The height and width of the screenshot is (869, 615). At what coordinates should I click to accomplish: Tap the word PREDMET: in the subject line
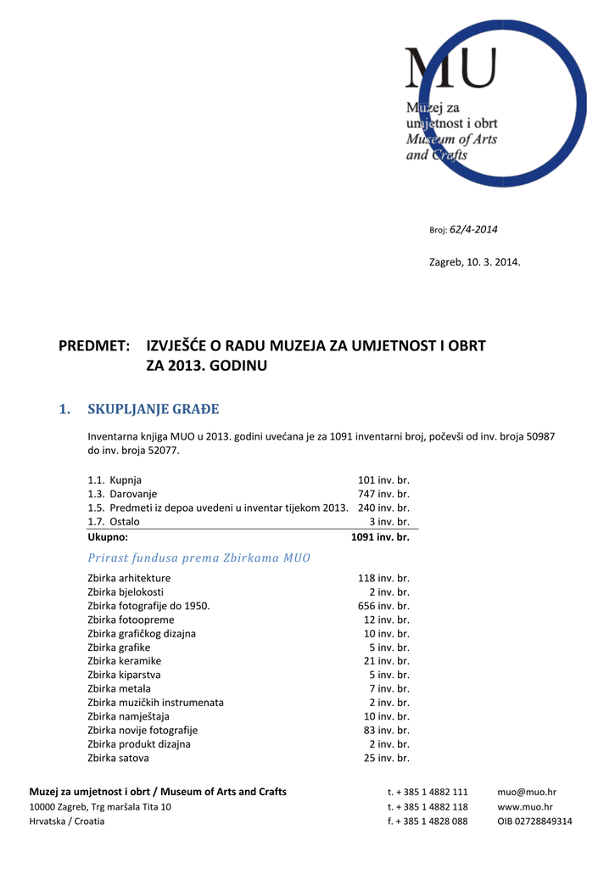[93, 346]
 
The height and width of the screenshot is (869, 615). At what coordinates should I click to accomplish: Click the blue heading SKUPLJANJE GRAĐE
[154, 410]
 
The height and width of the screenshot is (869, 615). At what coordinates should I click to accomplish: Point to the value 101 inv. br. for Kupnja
[384, 480]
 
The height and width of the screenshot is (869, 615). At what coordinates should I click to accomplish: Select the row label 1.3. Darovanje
[122, 494]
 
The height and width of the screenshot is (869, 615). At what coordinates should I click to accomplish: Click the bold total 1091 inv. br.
[380, 537]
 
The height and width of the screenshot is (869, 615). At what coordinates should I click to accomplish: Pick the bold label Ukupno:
[108, 537]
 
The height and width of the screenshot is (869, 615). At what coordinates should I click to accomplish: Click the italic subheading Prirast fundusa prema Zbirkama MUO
[199, 558]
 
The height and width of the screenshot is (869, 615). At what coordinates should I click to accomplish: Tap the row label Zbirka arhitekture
[129, 579]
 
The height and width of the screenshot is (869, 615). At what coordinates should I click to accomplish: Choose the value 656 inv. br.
[383, 606]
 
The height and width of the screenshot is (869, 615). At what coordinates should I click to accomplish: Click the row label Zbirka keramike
[124, 661]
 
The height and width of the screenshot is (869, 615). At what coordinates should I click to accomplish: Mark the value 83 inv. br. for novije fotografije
[387, 730]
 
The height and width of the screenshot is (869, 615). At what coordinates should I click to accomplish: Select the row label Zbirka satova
[118, 758]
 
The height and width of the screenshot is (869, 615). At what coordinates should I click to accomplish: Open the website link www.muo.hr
[525, 807]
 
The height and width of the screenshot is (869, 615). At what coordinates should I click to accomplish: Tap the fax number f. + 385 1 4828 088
[428, 821]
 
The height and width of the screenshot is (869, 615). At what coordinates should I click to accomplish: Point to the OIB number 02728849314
[534, 821]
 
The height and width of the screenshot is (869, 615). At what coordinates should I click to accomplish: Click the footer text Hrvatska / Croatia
[67, 821]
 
